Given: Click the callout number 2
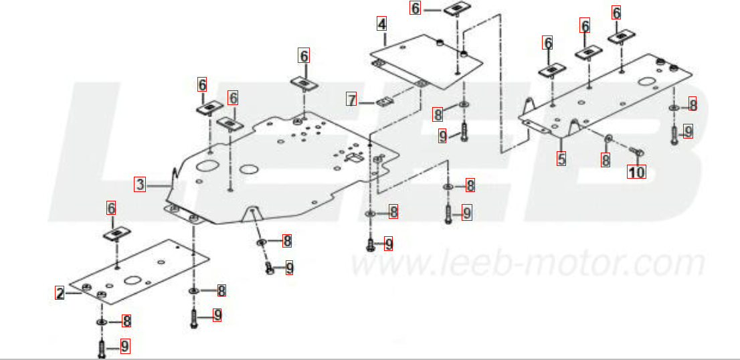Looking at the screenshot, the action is [x=60, y=293].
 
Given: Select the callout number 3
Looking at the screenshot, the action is [x=140, y=185].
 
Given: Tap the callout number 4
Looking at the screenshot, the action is [x=381, y=23].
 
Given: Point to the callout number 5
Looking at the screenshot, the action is [x=561, y=159].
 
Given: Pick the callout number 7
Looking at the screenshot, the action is [x=351, y=99].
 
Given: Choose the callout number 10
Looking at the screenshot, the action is [x=637, y=172].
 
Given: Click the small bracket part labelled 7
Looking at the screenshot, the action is [x=385, y=102].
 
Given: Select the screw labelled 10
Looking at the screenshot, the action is [x=637, y=151].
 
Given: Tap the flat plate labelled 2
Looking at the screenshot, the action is [x=138, y=271].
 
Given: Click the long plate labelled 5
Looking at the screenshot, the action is [x=606, y=97].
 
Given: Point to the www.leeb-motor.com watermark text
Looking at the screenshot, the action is [x=528, y=263].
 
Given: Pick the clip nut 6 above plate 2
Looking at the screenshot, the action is [x=116, y=234].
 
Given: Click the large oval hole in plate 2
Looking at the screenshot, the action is [x=132, y=280].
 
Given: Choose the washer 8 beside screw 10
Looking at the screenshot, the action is [x=608, y=137].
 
